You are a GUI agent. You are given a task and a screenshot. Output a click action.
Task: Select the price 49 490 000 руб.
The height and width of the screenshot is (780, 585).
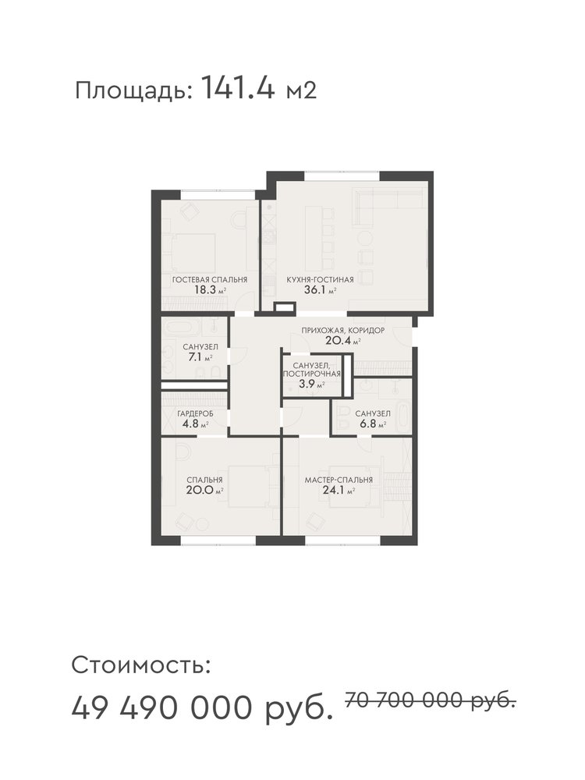pyautogui.click(x=202, y=708)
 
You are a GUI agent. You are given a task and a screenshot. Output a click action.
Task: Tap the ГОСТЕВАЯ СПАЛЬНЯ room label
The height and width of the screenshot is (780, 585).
pyautogui.click(x=210, y=279)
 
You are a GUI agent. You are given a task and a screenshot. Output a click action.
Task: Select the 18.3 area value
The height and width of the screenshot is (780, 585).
pyautogui.click(x=205, y=290)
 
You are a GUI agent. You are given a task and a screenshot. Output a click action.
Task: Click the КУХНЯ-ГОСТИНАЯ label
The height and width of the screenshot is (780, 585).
pyautogui.click(x=320, y=279)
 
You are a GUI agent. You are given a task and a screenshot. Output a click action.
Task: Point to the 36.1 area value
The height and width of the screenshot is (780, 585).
pyautogui.click(x=314, y=290)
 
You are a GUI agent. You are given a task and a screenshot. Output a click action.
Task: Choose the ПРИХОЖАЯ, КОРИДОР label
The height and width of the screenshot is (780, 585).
pyautogui.click(x=342, y=330)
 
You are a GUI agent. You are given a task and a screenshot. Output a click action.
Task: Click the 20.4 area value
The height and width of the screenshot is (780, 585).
pyautogui.click(x=337, y=341)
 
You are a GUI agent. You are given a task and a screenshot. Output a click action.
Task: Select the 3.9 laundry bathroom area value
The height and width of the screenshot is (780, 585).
pyautogui.click(x=306, y=384)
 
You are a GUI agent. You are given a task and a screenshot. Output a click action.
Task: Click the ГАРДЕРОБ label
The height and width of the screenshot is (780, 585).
pyautogui.click(x=196, y=414)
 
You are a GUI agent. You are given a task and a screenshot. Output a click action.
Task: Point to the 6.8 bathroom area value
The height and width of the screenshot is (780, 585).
pyautogui.click(x=367, y=424)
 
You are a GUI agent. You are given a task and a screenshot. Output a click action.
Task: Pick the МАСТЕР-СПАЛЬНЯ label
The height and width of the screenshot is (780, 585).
pyautogui.click(x=339, y=480)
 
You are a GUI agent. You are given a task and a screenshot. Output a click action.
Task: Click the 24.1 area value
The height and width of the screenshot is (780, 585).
pyautogui.click(x=333, y=491)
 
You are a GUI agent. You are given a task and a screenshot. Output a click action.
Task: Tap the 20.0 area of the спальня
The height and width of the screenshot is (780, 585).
pyautogui.click(x=198, y=491)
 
